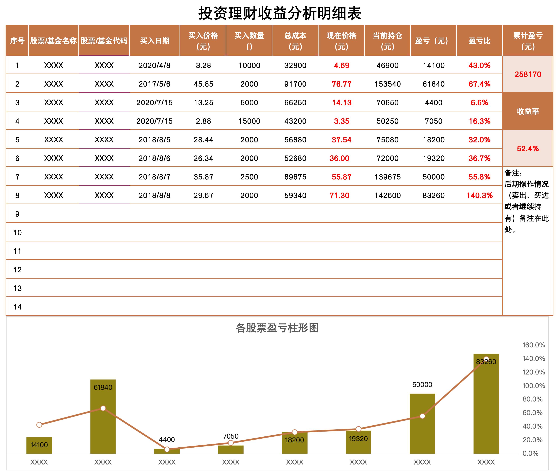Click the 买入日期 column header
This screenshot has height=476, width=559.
(155, 41)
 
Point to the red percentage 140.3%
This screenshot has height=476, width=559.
(479, 196)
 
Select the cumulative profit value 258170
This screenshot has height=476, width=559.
(528, 74)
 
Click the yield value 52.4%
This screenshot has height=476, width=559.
(528, 149)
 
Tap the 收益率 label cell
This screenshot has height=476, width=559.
(528, 111)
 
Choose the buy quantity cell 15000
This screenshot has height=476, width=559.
(249, 121)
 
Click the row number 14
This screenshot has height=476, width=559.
(17, 307)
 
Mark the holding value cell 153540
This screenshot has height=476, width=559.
(387, 84)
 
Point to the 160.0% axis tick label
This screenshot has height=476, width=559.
(533, 345)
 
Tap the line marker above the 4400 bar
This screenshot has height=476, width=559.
(167, 449)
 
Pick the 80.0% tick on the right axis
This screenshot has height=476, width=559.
(532, 399)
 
